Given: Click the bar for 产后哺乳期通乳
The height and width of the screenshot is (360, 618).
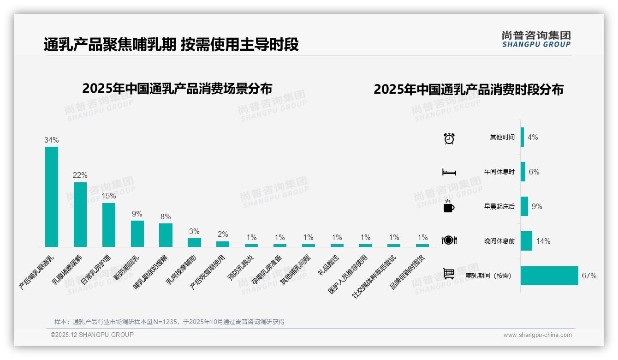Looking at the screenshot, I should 52,197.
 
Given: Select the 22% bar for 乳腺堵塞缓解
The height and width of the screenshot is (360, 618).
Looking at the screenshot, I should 80,214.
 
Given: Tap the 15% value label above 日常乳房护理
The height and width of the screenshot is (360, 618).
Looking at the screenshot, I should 109,196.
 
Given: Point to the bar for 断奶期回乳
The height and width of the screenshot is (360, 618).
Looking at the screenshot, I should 137,234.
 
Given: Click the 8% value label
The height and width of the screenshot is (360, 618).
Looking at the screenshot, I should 166,216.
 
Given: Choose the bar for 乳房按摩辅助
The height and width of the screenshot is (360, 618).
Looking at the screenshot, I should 194,242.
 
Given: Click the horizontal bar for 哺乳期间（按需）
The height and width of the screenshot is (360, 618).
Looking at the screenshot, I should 549,276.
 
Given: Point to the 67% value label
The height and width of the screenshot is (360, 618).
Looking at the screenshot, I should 589,276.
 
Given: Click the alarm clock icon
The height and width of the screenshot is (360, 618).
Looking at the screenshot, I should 449,138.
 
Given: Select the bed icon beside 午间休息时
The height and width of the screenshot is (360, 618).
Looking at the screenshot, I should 449,172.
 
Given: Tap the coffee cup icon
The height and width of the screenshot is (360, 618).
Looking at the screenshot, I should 449,206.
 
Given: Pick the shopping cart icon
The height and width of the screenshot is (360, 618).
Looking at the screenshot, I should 449,274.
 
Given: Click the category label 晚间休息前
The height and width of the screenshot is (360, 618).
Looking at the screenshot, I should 499,241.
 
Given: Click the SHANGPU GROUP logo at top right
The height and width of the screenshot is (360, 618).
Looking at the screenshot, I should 536,39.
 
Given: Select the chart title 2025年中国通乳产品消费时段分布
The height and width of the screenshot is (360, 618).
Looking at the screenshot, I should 469,90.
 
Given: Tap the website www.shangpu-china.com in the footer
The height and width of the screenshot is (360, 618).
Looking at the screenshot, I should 537,335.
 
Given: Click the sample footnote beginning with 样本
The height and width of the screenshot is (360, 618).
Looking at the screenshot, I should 169,322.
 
